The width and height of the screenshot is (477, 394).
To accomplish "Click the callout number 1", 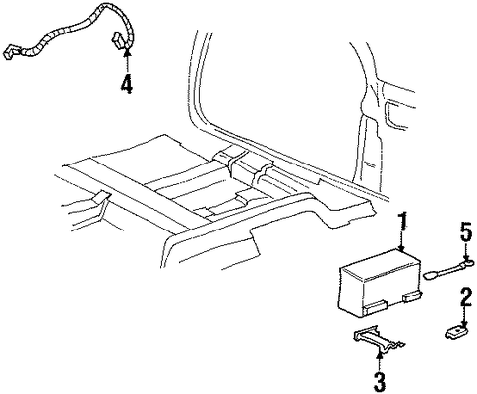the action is pyautogui.click(x=403, y=226).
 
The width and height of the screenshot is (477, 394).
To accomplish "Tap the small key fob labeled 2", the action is pyautogui.click(x=455, y=332).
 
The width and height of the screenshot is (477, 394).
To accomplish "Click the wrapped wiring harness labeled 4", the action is pyautogui.click(x=71, y=34).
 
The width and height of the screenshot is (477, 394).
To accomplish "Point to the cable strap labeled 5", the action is pyautogui.click(x=448, y=269).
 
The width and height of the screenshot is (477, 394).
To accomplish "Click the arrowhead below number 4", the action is pyautogui.click(x=127, y=50).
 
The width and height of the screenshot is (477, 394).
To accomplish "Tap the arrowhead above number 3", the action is pyautogui.click(x=380, y=354).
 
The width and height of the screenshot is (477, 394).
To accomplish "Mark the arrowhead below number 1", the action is pyautogui.click(x=403, y=249).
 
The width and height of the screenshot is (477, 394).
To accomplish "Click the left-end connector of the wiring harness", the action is pyautogui.click(x=11, y=52).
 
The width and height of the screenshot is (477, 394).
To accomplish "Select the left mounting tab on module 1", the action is pyautogui.click(x=376, y=305).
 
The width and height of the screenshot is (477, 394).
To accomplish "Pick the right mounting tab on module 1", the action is pyautogui.click(x=412, y=296).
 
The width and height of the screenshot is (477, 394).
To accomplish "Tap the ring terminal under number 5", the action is pyautogui.click(x=467, y=262).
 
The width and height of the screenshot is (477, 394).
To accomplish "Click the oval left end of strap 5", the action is pyautogui.click(x=430, y=276).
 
